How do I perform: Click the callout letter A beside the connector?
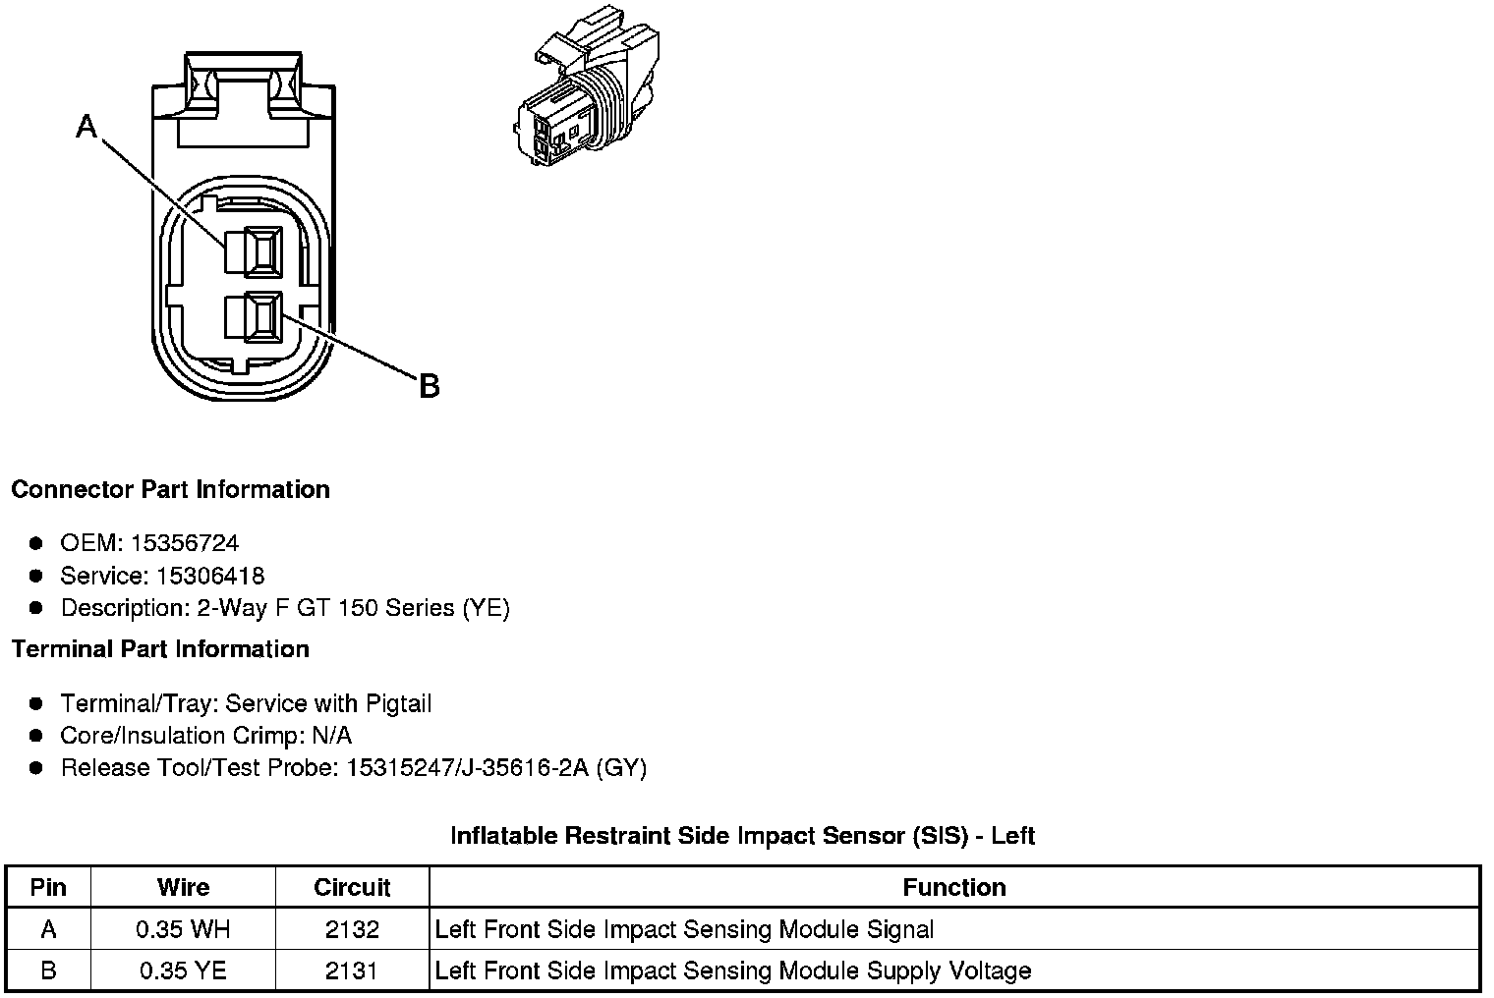pyautogui.click(x=87, y=127)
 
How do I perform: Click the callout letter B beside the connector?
pyautogui.click(x=429, y=387)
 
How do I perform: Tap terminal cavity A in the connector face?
pyautogui.click(x=255, y=251)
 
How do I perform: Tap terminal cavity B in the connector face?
pyautogui.click(x=254, y=317)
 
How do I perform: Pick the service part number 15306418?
pyautogui.click(x=210, y=576)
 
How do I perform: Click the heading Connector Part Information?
pyautogui.click(x=170, y=489)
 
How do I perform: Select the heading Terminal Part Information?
pyautogui.click(x=160, y=649)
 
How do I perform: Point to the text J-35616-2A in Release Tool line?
pyautogui.click(x=530, y=768)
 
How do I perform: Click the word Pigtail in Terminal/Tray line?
pyautogui.click(x=398, y=703)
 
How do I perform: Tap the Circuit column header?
pyautogui.click(x=352, y=887)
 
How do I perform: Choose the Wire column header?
pyautogui.click(x=183, y=887)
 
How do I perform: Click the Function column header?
pyautogui.click(x=953, y=887)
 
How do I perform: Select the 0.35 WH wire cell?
pyautogui.click(x=183, y=929)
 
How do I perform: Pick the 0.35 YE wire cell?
pyautogui.click(x=183, y=971)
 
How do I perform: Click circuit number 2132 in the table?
pyautogui.click(x=352, y=929)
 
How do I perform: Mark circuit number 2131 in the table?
pyautogui.click(x=352, y=971)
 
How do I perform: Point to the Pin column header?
pyautogui.click(x=48, y=887)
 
